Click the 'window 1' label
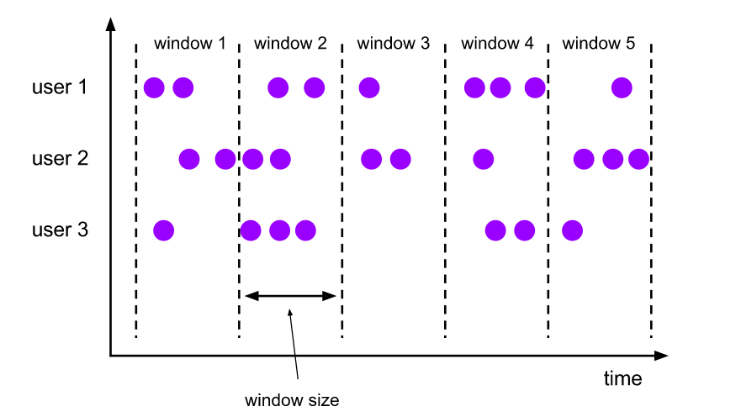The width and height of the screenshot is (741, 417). [190, 44]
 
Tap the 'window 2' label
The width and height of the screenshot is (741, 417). [290, 44]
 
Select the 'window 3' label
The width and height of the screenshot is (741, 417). [393, 44]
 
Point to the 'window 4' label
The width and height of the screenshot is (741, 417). [497, 44]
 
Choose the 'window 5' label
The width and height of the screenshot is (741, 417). [598, 44]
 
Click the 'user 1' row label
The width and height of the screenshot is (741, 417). [60, 87]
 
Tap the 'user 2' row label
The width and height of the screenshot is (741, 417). [60, 159]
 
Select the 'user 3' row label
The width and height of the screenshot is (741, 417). [60, 230]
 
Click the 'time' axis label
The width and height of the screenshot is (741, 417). [623, 379]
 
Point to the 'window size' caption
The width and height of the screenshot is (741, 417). [292, 400]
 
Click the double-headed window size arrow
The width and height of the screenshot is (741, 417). [290, 296]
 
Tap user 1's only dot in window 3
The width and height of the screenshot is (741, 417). [369, 87]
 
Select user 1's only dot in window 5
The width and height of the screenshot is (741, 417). [622, 87]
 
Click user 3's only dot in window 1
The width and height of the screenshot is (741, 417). [163, 230]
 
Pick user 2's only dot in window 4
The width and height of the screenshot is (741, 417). [483, 159]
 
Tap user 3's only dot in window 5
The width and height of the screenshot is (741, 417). [572, 230]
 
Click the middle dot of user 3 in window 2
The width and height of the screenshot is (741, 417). [280, 230]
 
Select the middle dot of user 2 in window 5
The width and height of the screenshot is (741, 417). [613, 159]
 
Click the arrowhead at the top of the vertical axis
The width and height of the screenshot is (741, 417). [110, 24]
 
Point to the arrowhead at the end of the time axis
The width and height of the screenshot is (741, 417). [662, 355]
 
